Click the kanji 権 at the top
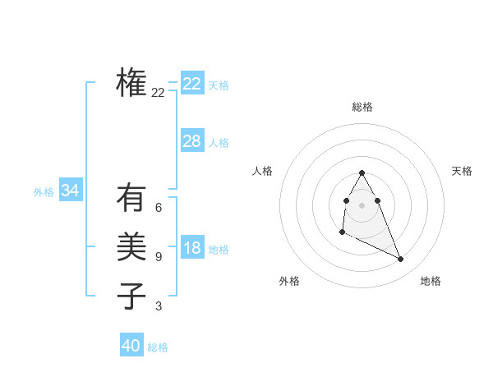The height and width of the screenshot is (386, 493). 131,82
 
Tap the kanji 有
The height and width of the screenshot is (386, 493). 131,197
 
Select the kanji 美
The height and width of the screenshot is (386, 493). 131,246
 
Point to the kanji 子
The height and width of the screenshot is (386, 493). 131,296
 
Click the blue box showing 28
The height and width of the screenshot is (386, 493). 192,141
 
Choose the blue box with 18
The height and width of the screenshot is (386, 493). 192,248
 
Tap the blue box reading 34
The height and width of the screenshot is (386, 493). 71,191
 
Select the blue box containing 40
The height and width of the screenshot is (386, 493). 131,346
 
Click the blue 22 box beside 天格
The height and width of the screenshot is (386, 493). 192,84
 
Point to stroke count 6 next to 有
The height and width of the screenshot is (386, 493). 159,208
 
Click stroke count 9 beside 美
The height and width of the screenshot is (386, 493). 159,257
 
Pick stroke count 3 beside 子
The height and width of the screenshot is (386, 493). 159,306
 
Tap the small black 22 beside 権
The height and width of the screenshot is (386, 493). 159,93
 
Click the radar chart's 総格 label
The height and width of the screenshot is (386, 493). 362,107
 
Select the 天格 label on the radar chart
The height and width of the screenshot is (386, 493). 463,171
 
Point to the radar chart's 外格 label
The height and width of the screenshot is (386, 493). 289,281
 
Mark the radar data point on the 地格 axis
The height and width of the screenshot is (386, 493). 401,260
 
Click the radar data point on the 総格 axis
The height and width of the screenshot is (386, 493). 362,173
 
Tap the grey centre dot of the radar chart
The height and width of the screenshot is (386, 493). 362,204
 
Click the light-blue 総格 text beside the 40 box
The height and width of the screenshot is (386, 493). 158,347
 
